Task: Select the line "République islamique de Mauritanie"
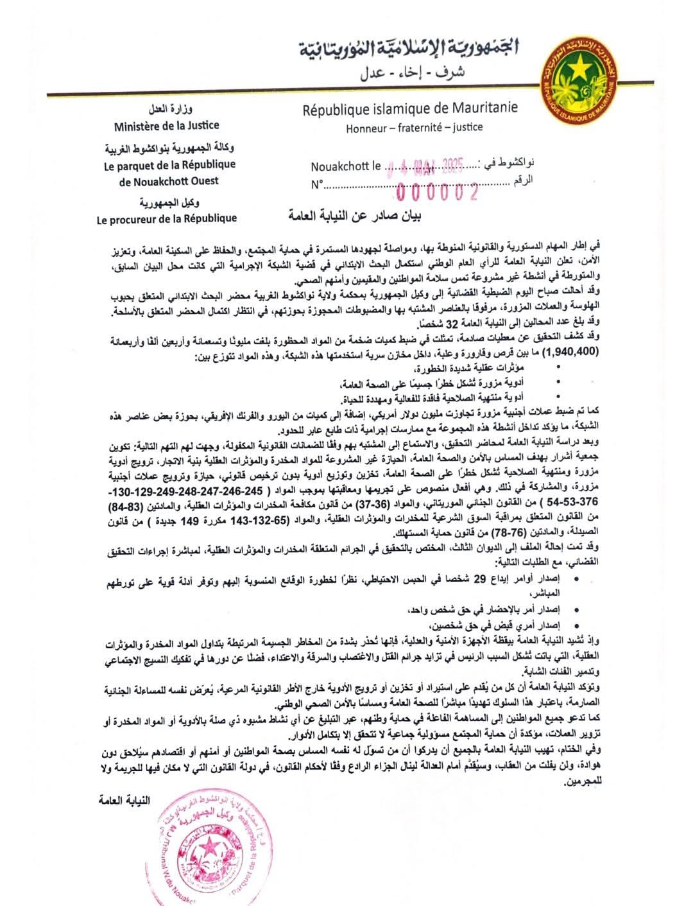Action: coord(410,109)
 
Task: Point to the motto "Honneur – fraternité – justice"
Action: coord(414,127)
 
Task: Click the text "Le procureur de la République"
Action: coord(167,218)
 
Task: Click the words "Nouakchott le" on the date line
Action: coord(346,167)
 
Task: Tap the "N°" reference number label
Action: coord(318,186)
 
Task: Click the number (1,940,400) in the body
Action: coord(568,353)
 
